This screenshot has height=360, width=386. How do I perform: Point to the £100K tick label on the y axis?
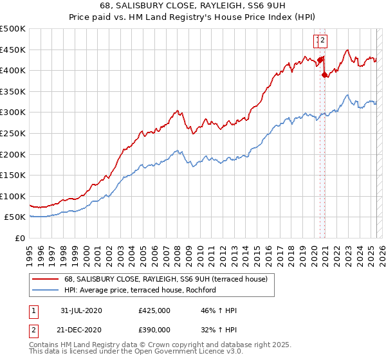[13, 197]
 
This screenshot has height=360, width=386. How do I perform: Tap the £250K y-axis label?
[13, 134]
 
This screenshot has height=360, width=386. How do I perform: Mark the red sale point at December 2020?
[324, 74]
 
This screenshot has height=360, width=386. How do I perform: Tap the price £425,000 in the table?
[154, 310]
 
